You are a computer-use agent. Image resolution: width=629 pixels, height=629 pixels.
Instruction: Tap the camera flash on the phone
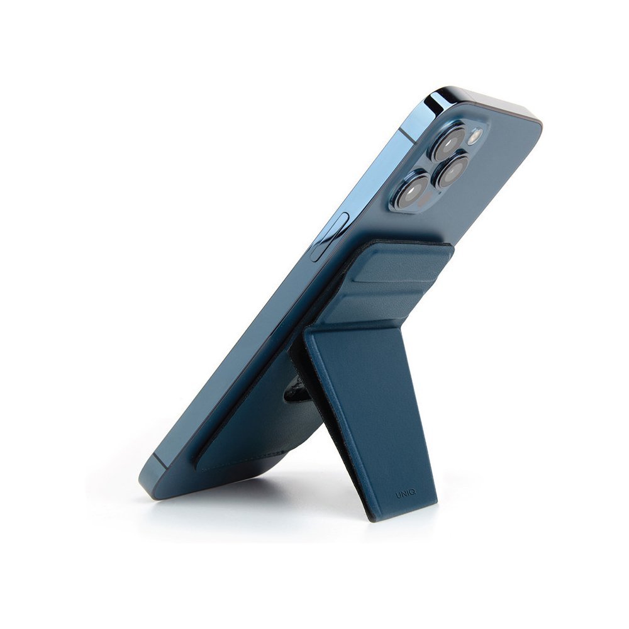474,136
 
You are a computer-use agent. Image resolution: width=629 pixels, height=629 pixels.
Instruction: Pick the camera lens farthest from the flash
413,191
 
